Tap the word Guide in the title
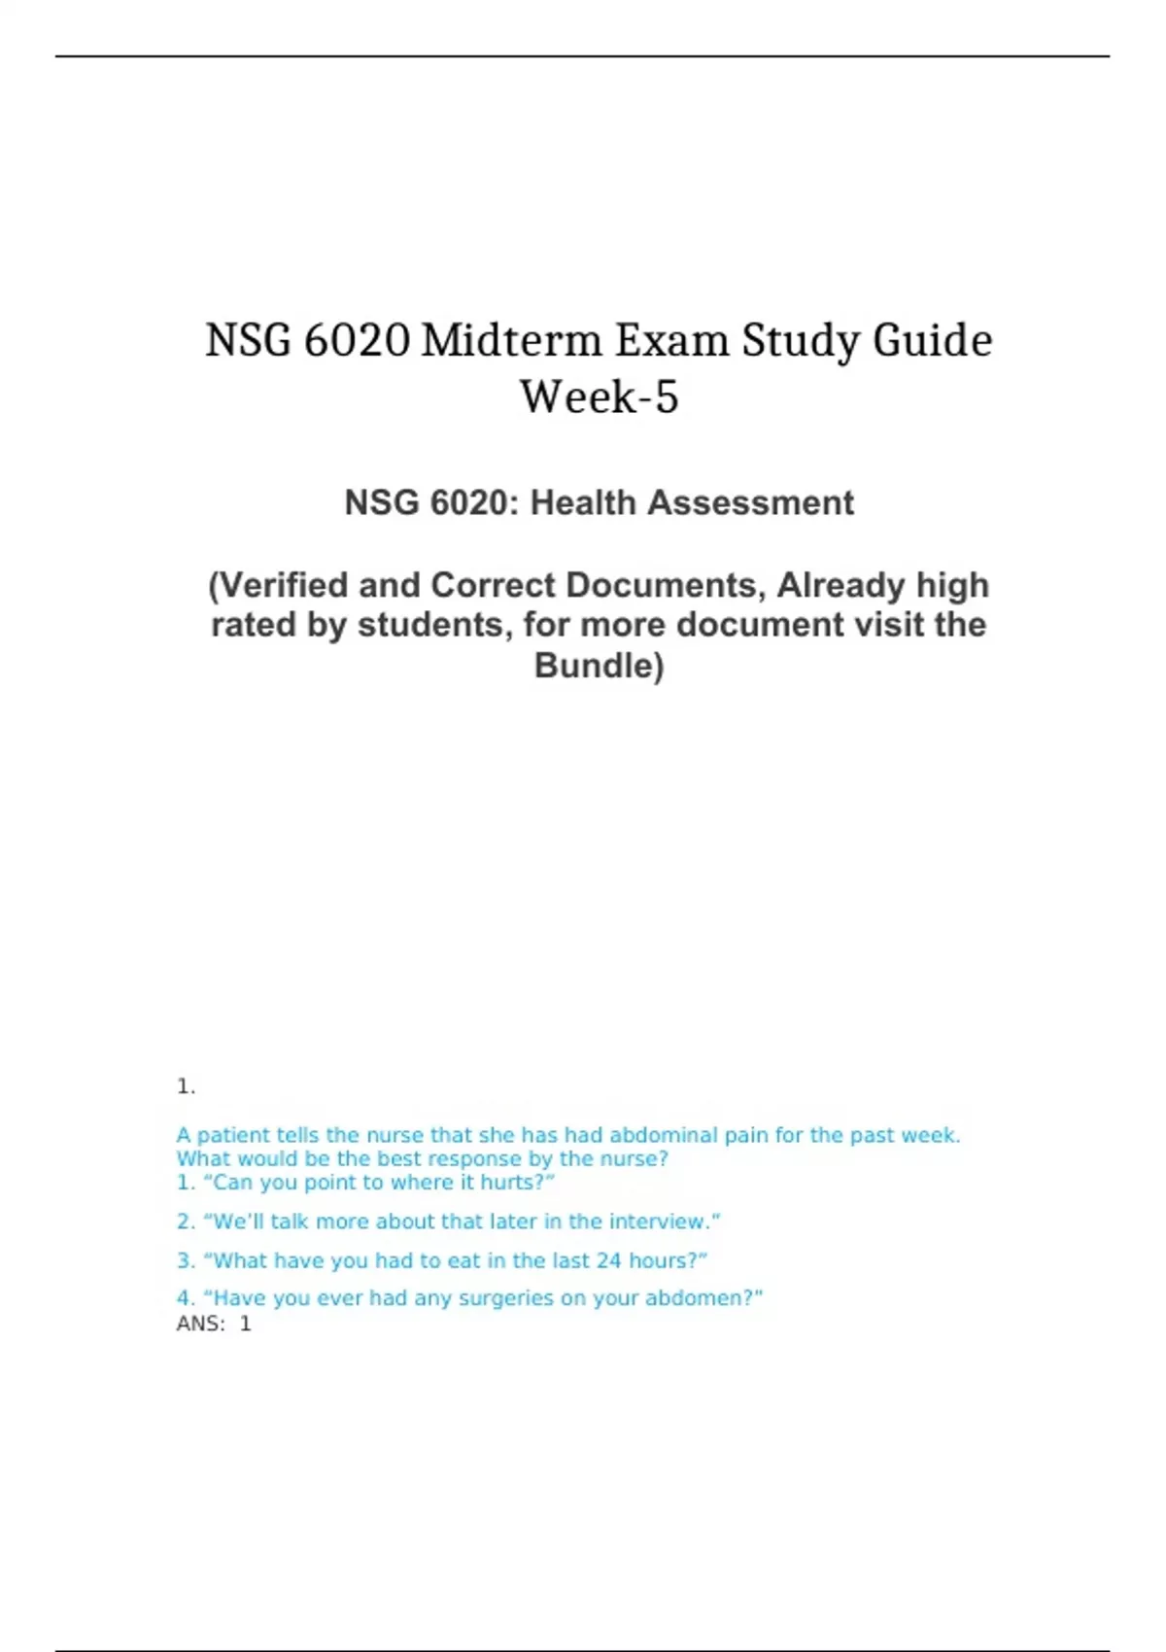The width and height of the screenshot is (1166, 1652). (x=932, y=341)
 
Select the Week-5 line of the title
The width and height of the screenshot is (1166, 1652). (x=599, y=397)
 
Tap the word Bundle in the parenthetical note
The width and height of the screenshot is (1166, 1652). (x=595, y=666)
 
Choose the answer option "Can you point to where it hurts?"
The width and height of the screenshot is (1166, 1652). (x=365, y=1183)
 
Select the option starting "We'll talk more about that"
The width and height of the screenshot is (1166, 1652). (x=449, y=1222)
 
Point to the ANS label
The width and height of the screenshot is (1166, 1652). (x=199, y=1324)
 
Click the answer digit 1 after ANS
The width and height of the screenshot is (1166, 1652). (x=246, y=1324)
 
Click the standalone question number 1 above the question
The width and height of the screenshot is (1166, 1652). (x=185, y=1086)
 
